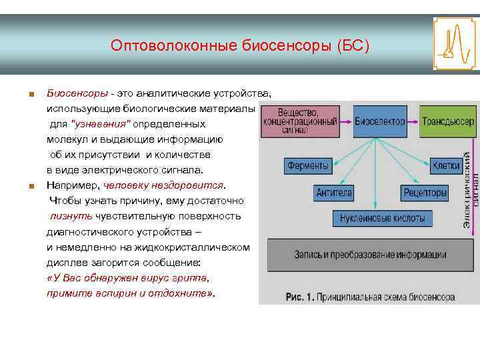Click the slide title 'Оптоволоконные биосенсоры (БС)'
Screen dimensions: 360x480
(x=239, y=46)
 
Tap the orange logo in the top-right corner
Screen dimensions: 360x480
(x=455, y=44)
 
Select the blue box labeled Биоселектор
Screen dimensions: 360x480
(x=380, y=121)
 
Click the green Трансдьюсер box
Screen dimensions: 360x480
(x=448, y=121)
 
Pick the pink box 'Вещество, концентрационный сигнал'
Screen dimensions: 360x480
(x=299, y=121)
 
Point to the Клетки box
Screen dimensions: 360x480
(x=446, y=165)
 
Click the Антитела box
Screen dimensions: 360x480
(x=334, y=193)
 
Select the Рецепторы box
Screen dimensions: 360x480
(x=425, y=193)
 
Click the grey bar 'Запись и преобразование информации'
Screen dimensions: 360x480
(x=371, y=255)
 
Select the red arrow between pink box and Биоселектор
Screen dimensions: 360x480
(x=346, y=122)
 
